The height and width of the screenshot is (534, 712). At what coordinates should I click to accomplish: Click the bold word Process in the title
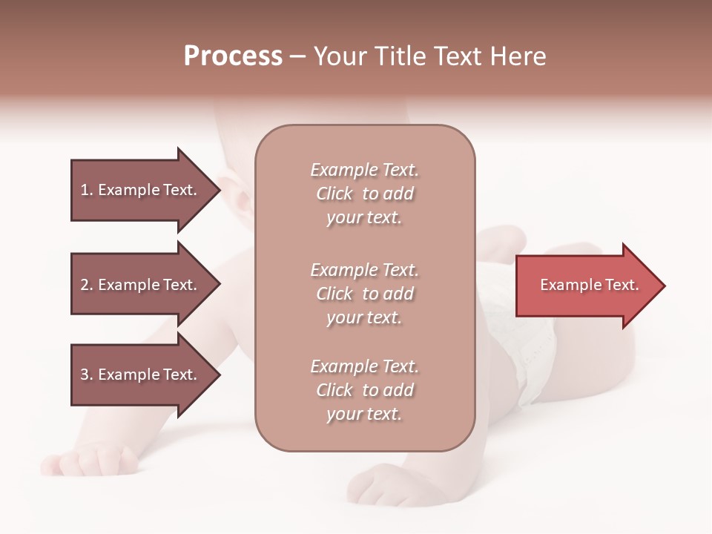[233, 56]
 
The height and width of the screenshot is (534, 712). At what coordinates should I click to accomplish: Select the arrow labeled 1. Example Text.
[141, 190]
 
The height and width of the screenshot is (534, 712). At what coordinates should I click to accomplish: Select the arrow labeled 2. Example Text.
[141, 285]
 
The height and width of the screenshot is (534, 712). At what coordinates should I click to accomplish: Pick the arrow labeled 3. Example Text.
[141, 375]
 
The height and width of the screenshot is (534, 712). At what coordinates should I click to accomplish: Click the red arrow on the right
[586, 286]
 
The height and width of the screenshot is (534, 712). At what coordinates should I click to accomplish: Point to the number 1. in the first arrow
[87, 190]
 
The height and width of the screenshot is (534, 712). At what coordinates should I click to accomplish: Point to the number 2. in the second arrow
[87, 285]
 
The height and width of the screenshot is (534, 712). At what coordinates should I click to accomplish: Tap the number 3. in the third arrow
[87, 375]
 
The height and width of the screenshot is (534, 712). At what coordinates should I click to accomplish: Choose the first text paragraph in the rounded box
[364, 194]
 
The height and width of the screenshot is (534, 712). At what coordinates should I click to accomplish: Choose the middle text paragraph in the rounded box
[364, 294]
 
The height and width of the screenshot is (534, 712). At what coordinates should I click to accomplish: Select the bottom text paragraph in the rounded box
[364, 390]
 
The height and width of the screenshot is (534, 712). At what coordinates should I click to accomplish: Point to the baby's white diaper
[530, 356]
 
